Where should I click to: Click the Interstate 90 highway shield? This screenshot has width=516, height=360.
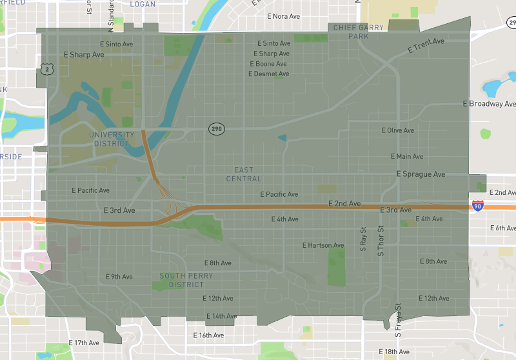click(x=477, y=206)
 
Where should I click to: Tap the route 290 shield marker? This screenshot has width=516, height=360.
click(x=216, y=129)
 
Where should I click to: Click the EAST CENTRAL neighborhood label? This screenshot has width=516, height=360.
click(x=244, y=174)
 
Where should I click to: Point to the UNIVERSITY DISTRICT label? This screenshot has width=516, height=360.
click(x=112, y=139)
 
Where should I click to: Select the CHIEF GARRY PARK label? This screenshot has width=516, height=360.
click(x=358, y=32)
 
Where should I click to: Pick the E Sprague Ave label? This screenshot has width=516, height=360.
click(x=421, y=174)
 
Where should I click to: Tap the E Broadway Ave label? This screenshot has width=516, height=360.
click(x=490, y=104)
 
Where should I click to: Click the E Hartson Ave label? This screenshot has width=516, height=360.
click(x=323, y=245)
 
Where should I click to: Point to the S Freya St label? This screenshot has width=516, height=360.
click(x=399, y=320)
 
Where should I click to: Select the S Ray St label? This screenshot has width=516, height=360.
click(x=363, y=238)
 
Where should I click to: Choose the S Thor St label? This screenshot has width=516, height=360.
click(x=381, y=240)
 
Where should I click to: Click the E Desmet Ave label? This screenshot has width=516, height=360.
click(x=268, y=74)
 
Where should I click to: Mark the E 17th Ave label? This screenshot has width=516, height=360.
click(x=84, y=343)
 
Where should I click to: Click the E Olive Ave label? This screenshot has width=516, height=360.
click(x=397, y=130)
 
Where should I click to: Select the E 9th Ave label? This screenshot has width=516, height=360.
click(x=119, y=277)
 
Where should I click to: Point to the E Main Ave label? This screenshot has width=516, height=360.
click(x=407, y=157)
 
